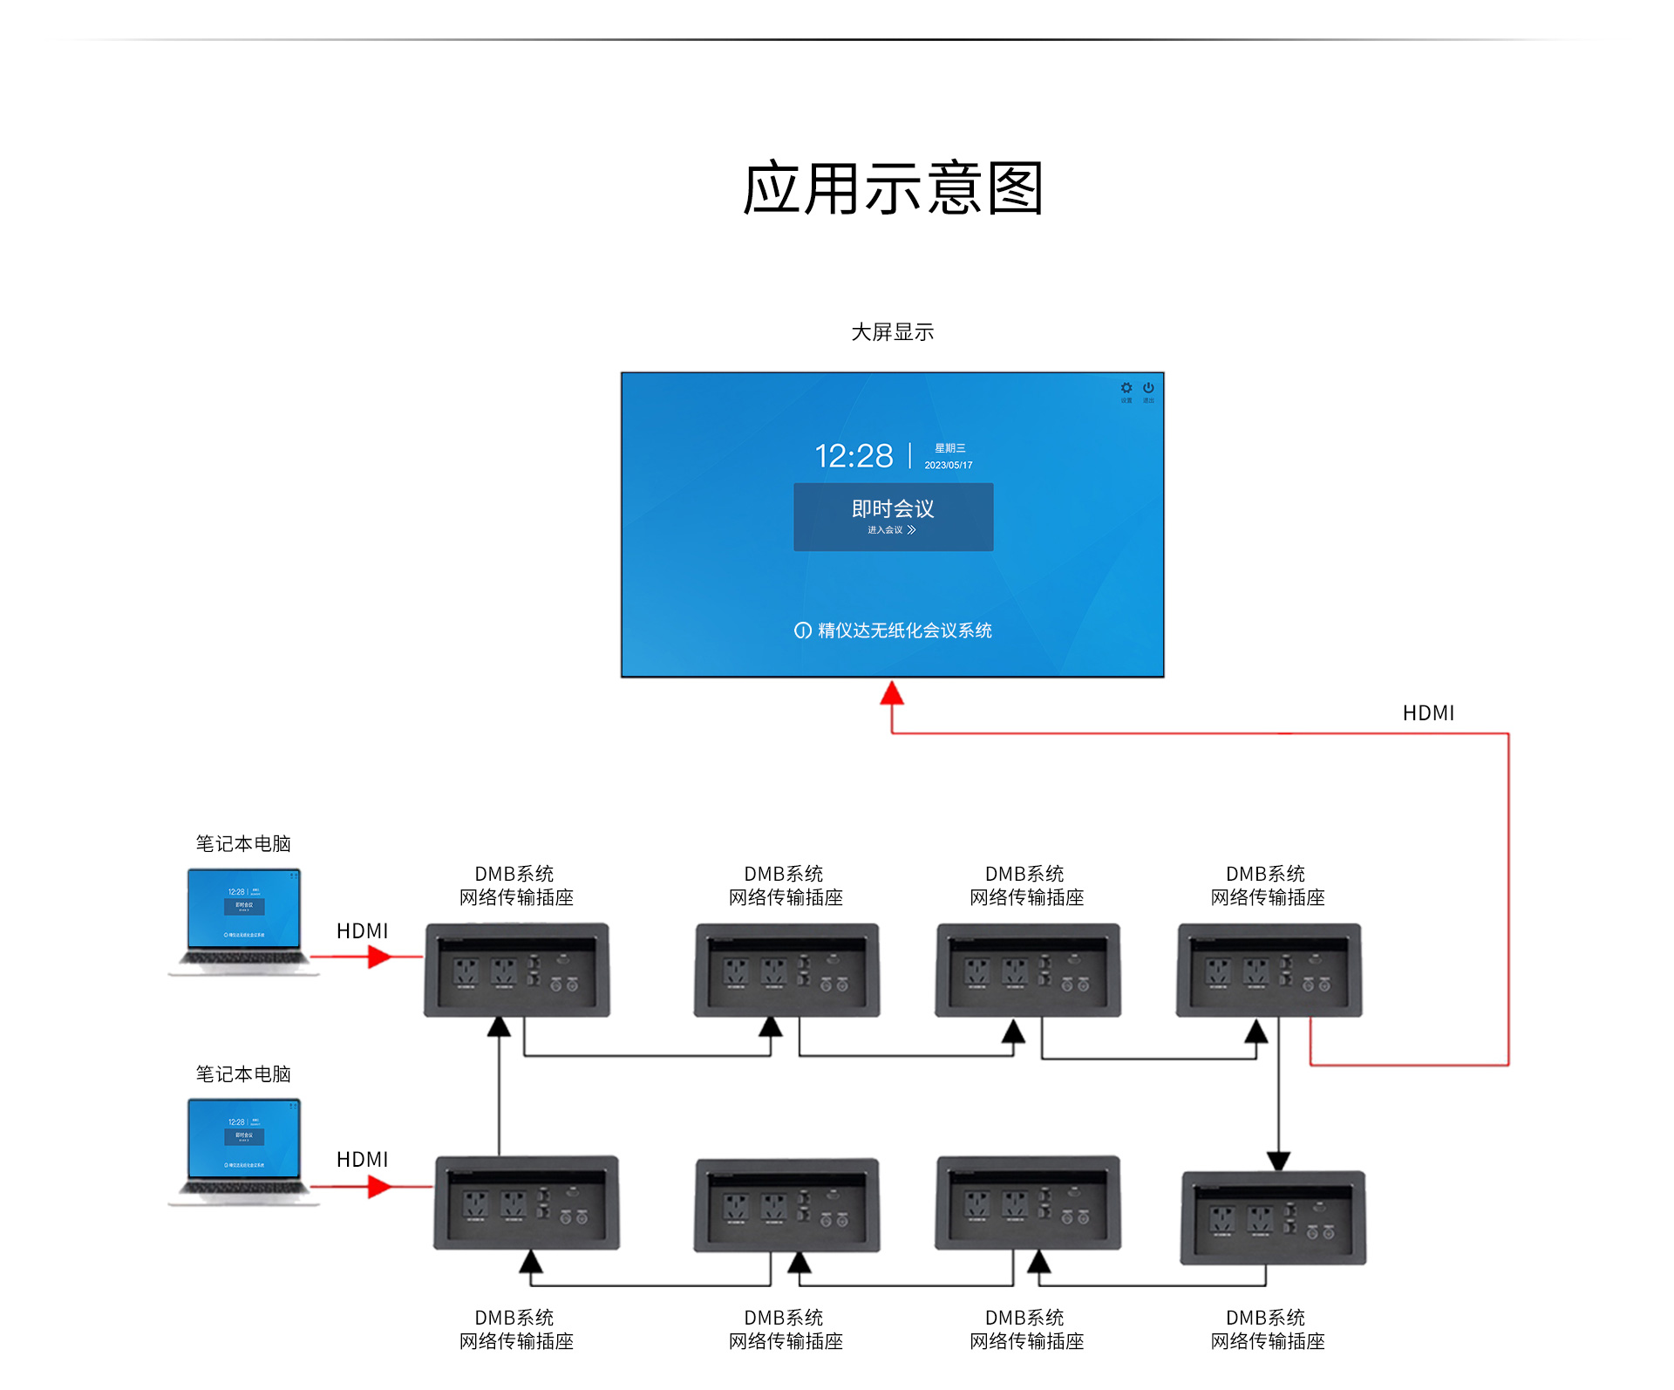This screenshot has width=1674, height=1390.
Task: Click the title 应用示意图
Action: [892, 188]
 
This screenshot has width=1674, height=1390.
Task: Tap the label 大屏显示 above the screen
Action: [892, 332]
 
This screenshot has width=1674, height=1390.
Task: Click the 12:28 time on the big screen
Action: [854, 456]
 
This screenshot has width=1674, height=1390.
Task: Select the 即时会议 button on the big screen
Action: [893, 516]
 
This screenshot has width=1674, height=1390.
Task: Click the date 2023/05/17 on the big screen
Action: [949, 466]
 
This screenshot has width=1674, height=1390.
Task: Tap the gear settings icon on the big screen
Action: [1126, 388]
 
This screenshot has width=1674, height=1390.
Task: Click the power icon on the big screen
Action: [1148, 388]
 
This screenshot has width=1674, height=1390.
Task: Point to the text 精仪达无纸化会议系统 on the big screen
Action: [904, 630]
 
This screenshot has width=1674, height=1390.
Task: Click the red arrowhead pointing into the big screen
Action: [891, 693]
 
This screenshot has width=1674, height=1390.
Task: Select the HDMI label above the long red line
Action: [1428, 713]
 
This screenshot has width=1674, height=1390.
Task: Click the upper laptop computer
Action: [244, 921]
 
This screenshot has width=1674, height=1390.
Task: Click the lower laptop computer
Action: [244, 1151]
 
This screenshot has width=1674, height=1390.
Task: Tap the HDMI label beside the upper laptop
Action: [362, 931]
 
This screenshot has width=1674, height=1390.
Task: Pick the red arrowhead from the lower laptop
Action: [379, 1187]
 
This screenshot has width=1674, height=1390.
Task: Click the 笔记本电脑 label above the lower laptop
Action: [243, 1074]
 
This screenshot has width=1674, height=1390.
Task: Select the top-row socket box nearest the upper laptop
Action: [517, 970]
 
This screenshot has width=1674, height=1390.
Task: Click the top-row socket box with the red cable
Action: [1269, 970]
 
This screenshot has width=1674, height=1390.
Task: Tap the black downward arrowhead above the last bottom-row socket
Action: [1278, 1161]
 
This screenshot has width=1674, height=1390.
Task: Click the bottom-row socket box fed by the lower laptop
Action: [527, 1203]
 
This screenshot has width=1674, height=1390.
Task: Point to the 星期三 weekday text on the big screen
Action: [950, 448]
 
